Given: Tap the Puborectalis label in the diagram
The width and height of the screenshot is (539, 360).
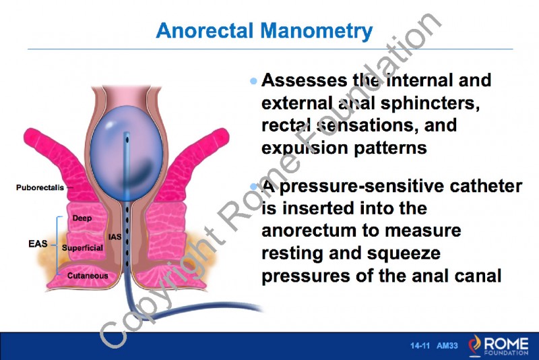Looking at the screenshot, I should (40, 187).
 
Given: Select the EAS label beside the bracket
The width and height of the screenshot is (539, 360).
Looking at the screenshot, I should (38, 243).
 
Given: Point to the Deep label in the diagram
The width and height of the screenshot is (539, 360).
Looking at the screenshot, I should (82, 218).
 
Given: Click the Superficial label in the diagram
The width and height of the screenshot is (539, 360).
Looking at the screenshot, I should (82, 248).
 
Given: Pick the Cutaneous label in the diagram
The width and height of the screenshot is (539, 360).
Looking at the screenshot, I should (87, 276).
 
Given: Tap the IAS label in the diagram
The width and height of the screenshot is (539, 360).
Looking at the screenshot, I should (115, 237).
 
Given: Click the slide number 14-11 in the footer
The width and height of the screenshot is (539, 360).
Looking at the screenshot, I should (420, 346).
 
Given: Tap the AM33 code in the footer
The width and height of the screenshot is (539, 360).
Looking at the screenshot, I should (447, 346).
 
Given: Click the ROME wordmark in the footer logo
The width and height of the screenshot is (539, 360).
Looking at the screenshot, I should (507, 341).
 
